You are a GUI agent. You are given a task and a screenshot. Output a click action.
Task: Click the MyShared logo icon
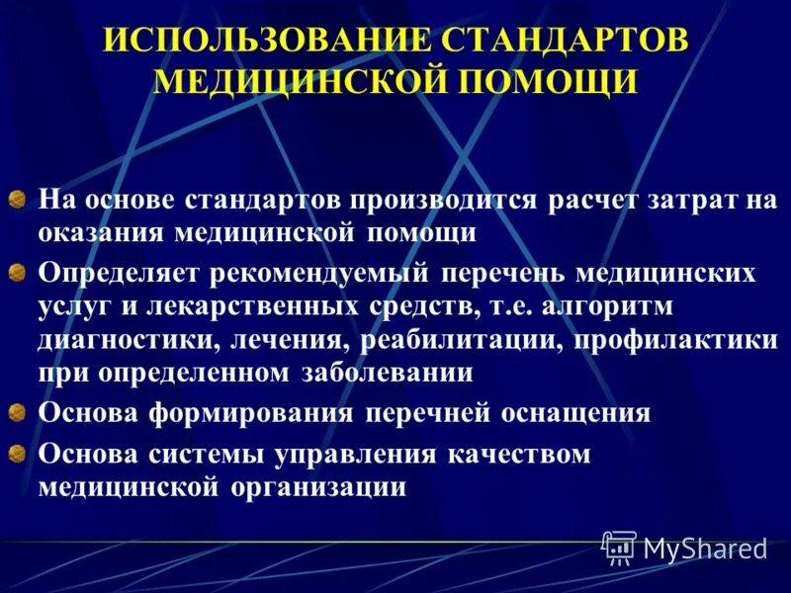[x=619, y=547]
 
